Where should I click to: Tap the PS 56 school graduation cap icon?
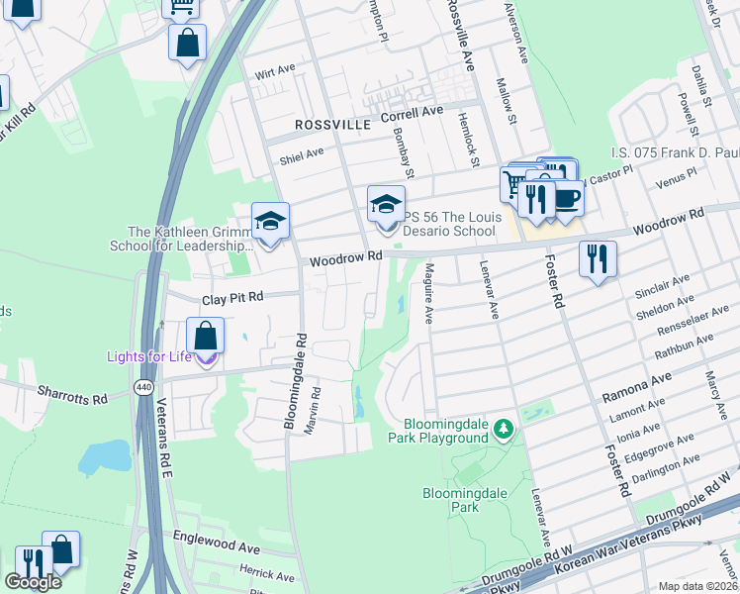point(387,205)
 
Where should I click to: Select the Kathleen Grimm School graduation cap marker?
point(269,221)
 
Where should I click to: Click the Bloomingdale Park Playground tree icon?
point(505,429)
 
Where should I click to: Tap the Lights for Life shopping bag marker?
point(206,337)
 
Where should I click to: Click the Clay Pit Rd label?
point(233,297)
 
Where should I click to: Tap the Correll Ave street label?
point(413,114)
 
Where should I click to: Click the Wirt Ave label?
point(275,72)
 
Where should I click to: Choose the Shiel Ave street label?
point(302,153)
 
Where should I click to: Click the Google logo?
point(33,582)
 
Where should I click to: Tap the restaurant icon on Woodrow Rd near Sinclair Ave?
point(599,259)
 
